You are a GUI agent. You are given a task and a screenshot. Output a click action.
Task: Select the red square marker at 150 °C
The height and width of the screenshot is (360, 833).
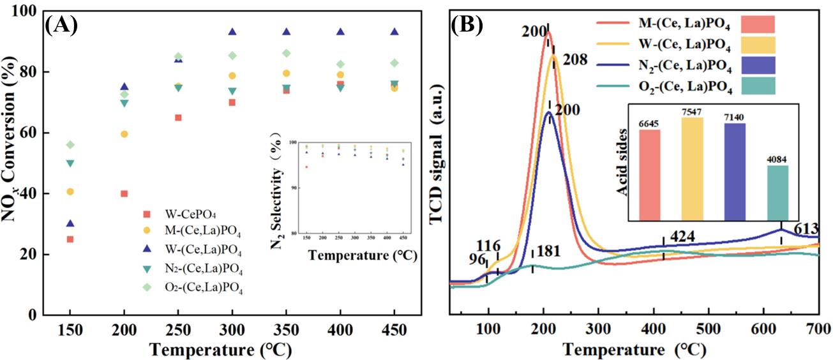coord(70,239)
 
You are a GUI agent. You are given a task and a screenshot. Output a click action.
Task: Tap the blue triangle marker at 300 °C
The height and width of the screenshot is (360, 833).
coord(232,32)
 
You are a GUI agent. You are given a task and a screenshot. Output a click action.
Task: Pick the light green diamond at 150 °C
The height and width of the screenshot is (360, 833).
coord(70,145)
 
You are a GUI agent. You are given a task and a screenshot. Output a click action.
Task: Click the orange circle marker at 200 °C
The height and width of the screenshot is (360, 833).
coord(124,134)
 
